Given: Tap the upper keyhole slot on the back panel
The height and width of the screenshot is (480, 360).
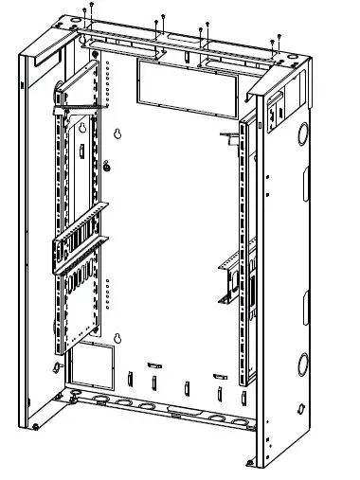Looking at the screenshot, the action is (117, 136).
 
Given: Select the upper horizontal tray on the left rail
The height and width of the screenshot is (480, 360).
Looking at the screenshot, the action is (80, 228).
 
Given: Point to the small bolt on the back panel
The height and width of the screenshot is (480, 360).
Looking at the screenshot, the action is (107, 170).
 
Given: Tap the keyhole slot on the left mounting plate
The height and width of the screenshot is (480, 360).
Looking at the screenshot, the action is (81, 129).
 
